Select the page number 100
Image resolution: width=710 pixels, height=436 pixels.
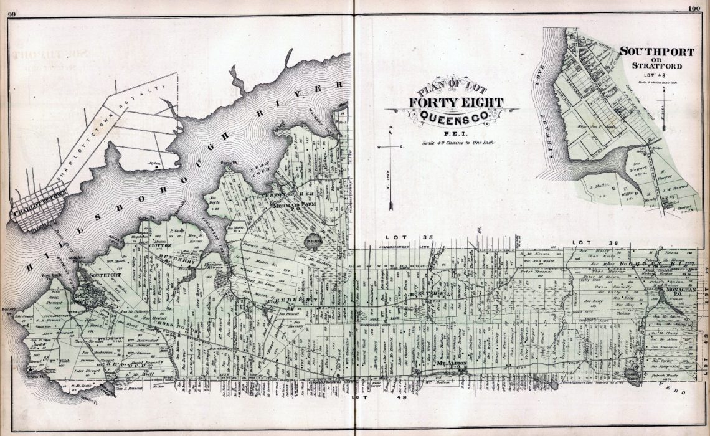click(x=694, y=8)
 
